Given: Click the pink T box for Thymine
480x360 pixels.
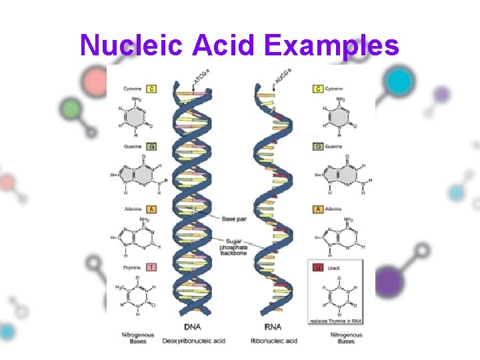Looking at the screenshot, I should click(152, 267).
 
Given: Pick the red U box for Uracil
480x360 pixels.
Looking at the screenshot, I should click(318, 267).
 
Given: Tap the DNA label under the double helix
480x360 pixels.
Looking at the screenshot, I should click(192, 327).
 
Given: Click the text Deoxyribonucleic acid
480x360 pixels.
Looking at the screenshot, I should click(194, 340).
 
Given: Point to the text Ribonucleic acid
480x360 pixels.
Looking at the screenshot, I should click(274, 340).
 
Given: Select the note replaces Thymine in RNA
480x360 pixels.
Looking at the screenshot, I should click(335, 321).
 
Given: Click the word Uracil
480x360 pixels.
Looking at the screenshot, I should click(334, 268).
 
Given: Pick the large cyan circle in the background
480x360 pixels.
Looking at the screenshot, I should click(399, 82).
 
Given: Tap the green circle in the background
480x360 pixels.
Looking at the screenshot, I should click(69, 108).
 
